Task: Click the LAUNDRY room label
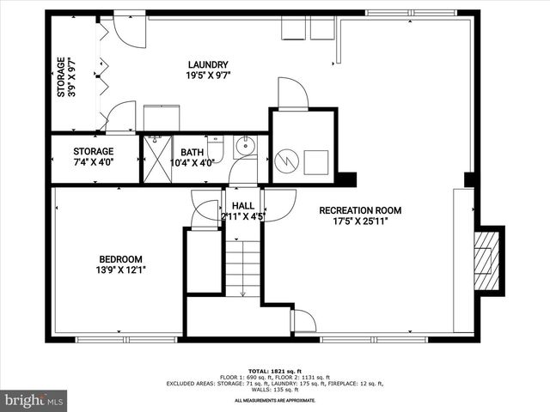(x=207, y=64)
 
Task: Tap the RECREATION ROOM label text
(x=360, y=210)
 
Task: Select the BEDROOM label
(x=119, y=258)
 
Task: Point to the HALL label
(x=243, y=206)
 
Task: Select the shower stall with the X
(x=157, y=159)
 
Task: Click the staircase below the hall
(x=242, y=269)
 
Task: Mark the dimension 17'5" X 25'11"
(x=360, y=221)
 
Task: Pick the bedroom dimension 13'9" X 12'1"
(x=119, y=270)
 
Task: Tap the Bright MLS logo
(x=34, y=399)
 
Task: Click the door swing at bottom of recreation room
(x=303, y=322)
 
